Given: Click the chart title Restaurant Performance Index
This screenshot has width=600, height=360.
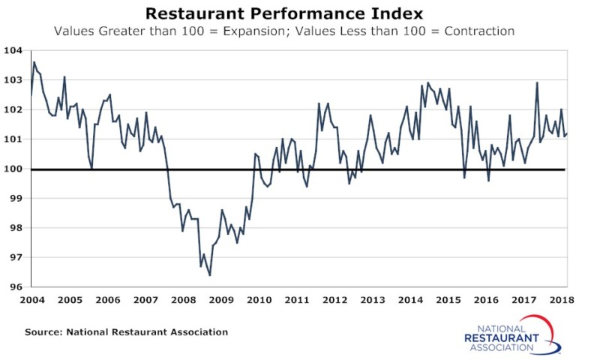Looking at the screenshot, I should (x=284, y=13).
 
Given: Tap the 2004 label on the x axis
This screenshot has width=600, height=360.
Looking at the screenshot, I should (x=32, y=300).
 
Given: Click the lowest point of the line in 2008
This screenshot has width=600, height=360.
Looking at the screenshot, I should (x=209, y=275).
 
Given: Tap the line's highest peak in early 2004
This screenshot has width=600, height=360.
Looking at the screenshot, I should (x=34, y=62).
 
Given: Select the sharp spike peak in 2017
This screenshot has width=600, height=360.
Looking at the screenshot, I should (x=537, y=82).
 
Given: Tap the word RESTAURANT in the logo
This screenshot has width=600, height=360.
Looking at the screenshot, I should (x=501, y=338).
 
